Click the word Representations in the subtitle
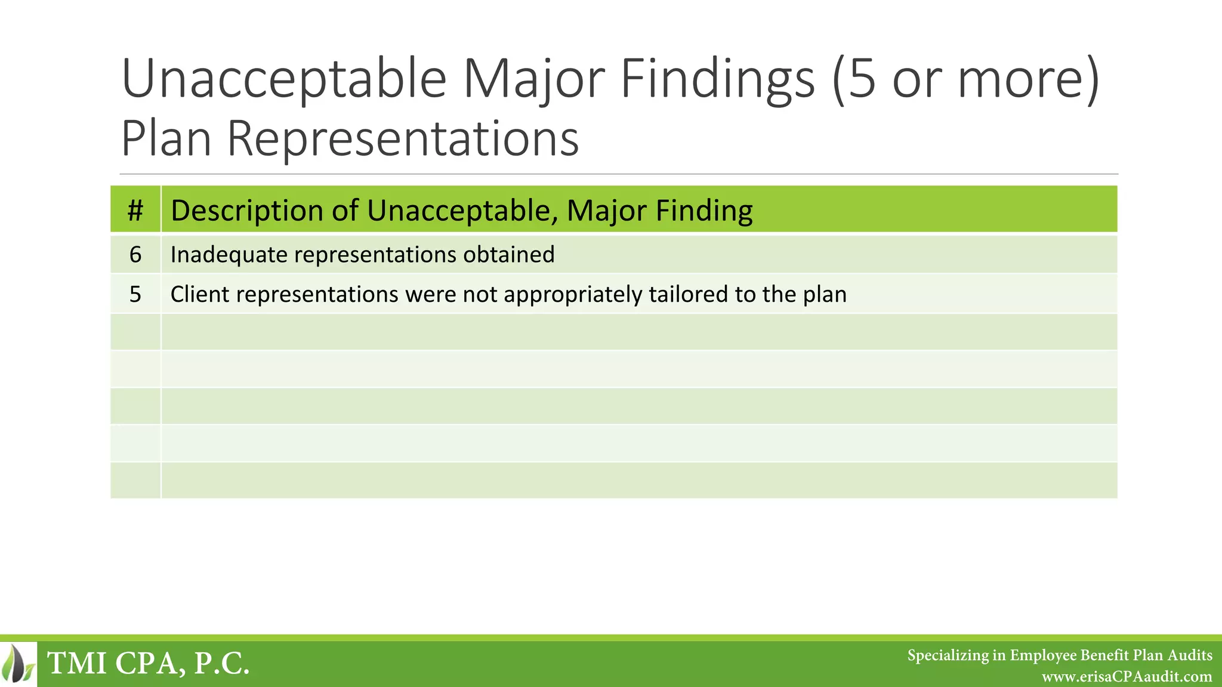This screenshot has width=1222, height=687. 403,139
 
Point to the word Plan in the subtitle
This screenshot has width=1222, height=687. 166,139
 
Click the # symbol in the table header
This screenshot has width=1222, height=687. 135,211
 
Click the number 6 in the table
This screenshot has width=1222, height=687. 135,255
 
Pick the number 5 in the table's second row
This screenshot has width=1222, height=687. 135,294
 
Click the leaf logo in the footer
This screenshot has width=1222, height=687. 18,663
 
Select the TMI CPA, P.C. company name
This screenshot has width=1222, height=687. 148,663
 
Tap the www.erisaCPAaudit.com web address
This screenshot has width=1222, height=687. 1127,677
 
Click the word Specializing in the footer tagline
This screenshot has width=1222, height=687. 948,655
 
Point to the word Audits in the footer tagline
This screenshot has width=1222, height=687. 1190,655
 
